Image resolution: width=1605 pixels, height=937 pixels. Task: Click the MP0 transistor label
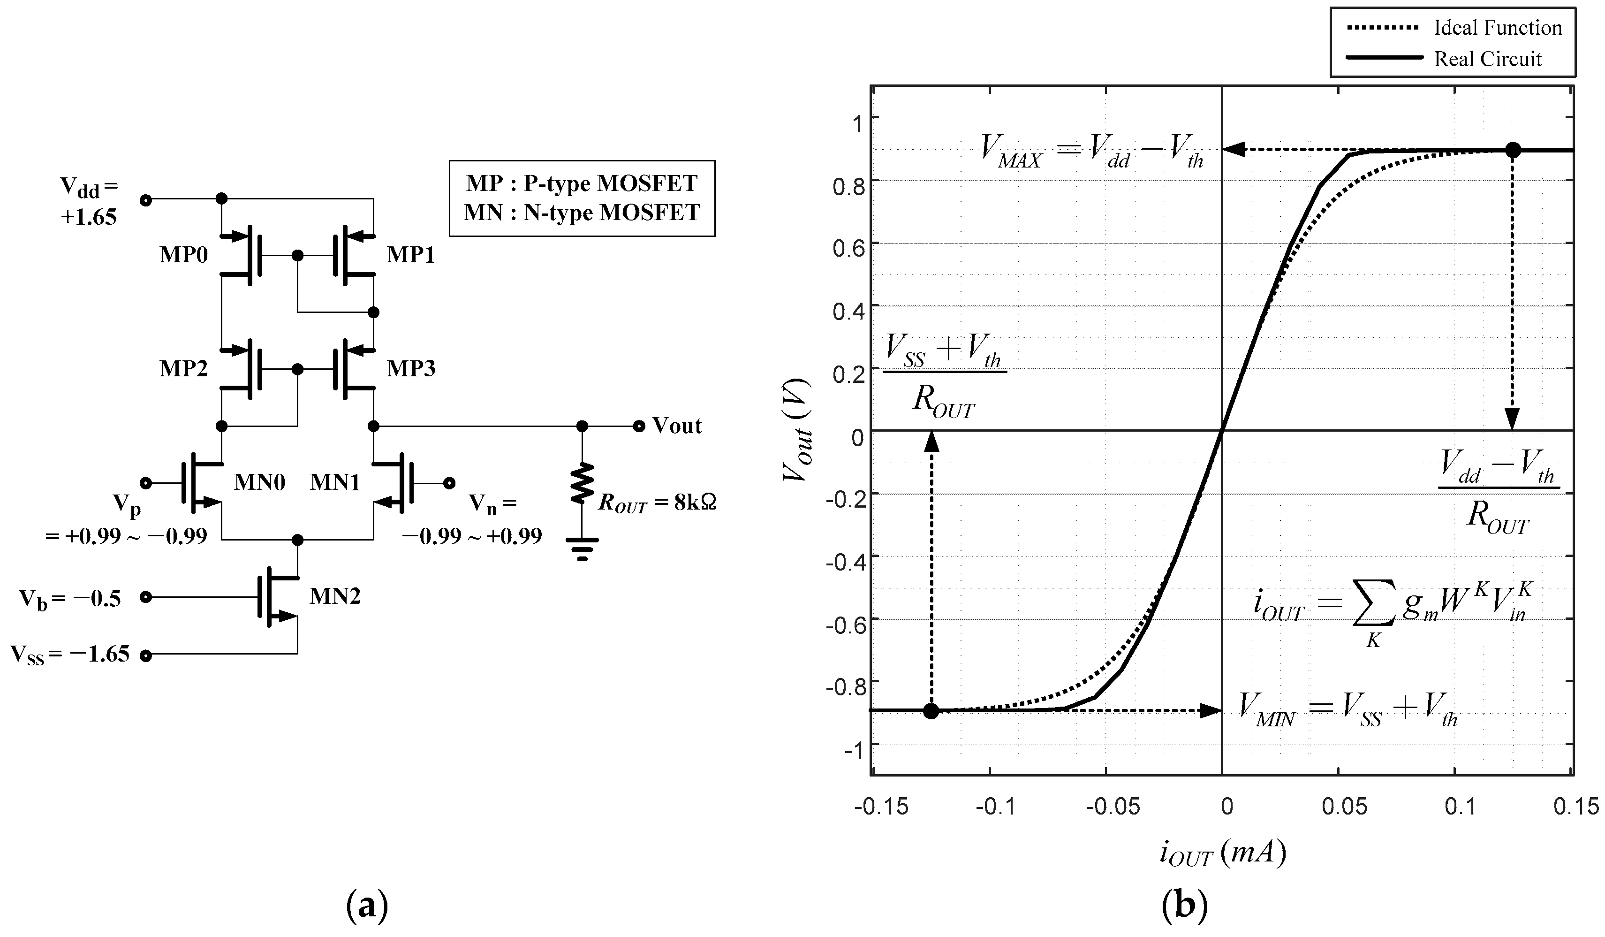pyautogui.click(x=183, y=255)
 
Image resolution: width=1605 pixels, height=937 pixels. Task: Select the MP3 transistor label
pyautogui.click(x=411, y=368)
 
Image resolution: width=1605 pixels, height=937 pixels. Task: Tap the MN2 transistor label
pyautogui.click(x=335, y=596)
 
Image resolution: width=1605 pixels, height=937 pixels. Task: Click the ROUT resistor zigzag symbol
pyautogui.click(x=582, y=483)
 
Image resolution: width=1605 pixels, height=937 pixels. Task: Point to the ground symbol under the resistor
pyautogui.click(x=582, y=548)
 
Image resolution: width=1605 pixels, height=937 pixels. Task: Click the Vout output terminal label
pyautogui.click(x=677, y=426)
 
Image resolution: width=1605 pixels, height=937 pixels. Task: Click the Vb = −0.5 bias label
pyautogui.click(x=70, y=599)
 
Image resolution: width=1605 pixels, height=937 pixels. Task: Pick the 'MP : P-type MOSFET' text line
pyautogui.click(x=582, y=183)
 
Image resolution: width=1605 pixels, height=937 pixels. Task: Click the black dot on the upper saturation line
pyautogui.click(x=1513, y=150)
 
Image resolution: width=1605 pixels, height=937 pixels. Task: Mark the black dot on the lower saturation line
pyautogui.click(x=931, y=711)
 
